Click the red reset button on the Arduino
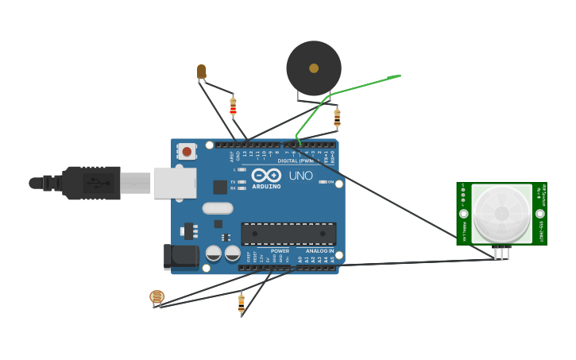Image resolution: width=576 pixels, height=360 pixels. click(x=187, y=150)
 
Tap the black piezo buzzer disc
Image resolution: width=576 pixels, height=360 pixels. click(x=314, y=68)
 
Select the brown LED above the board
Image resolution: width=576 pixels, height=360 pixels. click(x=202, y=72)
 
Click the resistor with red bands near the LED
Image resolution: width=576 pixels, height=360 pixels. click(x=233, y=106)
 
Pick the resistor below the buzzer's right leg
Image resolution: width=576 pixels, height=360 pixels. click(x=337, y=118)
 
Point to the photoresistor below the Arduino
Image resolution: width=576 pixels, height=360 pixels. click(x=157, y=297)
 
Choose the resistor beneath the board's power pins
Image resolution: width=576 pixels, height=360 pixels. click(x=241, y=303)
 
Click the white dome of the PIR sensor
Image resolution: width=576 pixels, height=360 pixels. click(x=501, y=213)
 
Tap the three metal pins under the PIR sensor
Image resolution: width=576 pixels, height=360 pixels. click(x=501, y=254)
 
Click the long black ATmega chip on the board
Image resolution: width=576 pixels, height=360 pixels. click(x=288, y=234)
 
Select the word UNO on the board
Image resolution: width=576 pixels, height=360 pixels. click(x=300, y=176)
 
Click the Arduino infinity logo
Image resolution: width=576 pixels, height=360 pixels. click(x=266, y=175)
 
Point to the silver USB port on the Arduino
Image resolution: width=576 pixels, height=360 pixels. click(x=175, y=183)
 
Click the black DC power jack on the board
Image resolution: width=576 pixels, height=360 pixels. click(x=181, y=256)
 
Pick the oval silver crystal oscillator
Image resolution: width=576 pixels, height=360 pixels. click(x=218, y=208)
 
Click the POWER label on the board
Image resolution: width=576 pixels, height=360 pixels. click(x=280, y=251)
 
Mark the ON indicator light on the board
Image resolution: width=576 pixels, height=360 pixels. click(x=329, y=182)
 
